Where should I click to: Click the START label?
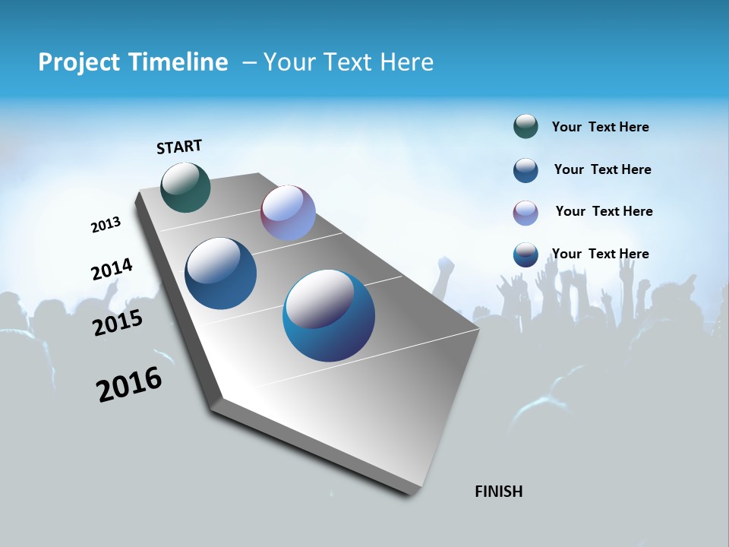[x=179, y=147]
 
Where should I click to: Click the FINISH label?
[x=499, y=492]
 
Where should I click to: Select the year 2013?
[x=106, y=225]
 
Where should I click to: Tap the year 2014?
[x=112, y=269]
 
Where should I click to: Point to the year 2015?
[x=118, y=323]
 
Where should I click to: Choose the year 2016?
[x=129, y=384]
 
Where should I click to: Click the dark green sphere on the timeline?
[x=185, y=187]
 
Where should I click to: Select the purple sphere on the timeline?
[x=288, y=213]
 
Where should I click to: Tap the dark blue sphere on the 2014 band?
[x=221, y=273]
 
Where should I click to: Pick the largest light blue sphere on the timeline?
[x=329, y=315]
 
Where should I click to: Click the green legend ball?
[x=525, y=127]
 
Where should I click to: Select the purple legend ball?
[x=525, y=213]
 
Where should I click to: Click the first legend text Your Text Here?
[x=600, y=127]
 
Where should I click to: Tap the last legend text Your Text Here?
[x=600, y=254]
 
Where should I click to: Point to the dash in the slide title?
[x=249, y=62]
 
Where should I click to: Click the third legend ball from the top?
[x=525, y=213]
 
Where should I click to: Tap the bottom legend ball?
[x=525, y=255]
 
